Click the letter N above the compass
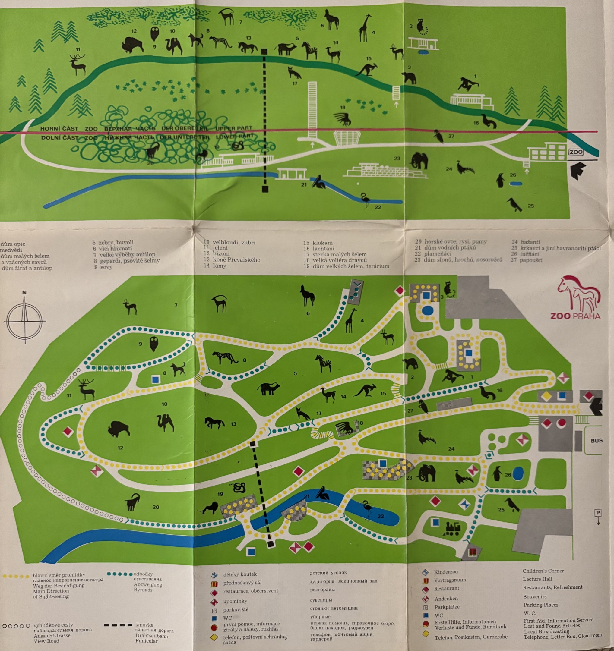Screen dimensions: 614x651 click(24, 292)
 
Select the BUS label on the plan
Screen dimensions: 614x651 click(596, 440)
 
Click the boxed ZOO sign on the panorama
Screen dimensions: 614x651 click(576, 152)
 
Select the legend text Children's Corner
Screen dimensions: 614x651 click(543, 571)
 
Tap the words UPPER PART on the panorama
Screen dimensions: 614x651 click(234, 128)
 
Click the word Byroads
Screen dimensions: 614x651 click(143, 590)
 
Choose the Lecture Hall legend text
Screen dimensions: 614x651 click(537, 579)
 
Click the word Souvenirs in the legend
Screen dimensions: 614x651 click(534, 596)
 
